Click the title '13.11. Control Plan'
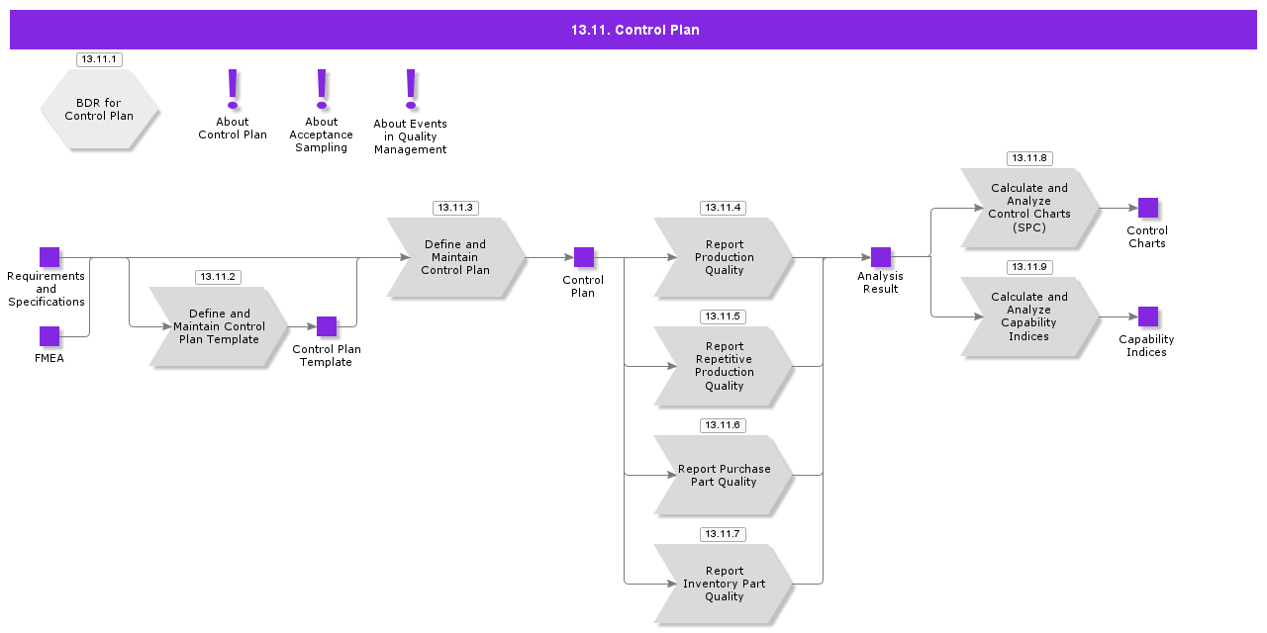point(634,30)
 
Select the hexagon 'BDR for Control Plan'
point(99,110)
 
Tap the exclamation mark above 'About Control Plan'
point(233,88)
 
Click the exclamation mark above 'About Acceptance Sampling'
point(322,88)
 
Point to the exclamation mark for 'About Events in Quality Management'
point(411,88)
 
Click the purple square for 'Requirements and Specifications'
point(49,257)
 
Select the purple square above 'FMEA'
point(49,336)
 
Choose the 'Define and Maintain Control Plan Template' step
point(219,326)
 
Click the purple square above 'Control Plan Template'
point(327,326)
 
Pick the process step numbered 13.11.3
point(455,257)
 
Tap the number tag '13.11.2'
point(218,277)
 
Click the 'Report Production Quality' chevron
point(724,257)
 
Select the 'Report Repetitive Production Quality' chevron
point(724,366)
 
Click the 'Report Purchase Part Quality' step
point(724,475)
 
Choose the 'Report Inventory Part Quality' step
point(724,584)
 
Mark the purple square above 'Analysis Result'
point(881,257)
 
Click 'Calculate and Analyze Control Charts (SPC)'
point(1029,208)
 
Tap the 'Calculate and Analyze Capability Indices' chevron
point(1029,316)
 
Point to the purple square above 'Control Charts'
point(1148,208)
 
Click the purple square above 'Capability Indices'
point(1148,316)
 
